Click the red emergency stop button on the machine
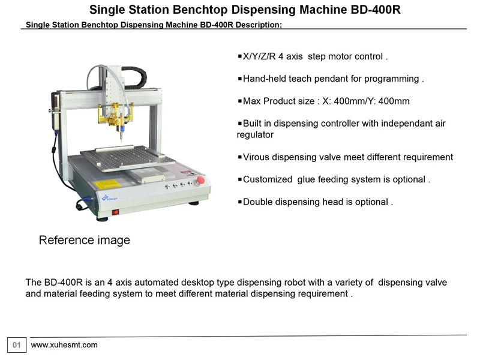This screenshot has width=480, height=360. [200, 180]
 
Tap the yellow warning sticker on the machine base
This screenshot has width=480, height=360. [107, 184]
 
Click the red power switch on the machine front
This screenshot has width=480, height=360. [115, 212]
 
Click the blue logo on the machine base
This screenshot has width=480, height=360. [109, 198]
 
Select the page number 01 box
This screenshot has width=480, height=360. [17, 345]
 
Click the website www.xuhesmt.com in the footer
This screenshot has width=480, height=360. [64, 344]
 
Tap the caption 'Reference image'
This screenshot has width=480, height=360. [84, 240]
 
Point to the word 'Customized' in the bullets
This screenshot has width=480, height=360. [268, 179]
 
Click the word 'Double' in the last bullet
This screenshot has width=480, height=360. [258, 202]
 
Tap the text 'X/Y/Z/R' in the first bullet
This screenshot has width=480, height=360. [259, 56]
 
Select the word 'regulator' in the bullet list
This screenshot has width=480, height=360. [255, 135]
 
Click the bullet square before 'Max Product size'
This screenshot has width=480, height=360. [239, 101]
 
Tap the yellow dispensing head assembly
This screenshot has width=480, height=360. [115, 115]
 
